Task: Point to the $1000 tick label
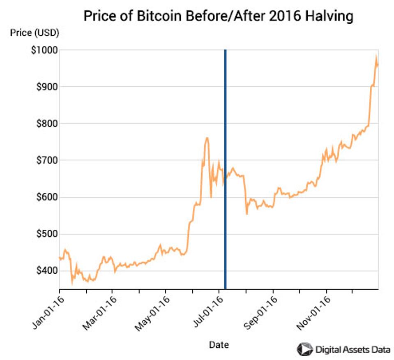tap(43, 50)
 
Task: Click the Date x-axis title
tap(219, 344)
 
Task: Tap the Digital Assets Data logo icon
tap(304, 349)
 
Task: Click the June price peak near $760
tap(207, 138)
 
